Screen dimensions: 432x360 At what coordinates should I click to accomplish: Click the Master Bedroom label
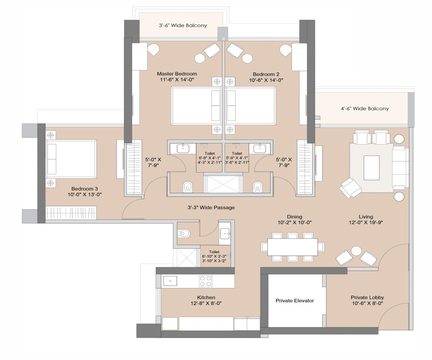tap(177, 74)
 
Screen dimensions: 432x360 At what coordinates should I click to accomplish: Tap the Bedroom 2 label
tap(266, 74)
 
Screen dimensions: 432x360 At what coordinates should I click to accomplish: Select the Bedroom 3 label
tap(84, 189)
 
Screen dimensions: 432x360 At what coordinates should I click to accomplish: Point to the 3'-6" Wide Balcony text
tap(183, 25)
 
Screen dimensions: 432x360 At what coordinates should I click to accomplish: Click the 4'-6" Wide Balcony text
tap(365, 109)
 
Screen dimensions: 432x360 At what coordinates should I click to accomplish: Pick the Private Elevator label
tap(295, 301)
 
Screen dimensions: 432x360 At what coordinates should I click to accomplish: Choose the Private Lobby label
tap(367, 297)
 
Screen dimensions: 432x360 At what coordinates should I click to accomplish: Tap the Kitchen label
tap(206, 297)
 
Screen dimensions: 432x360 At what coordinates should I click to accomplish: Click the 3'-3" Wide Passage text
tap(211, 207)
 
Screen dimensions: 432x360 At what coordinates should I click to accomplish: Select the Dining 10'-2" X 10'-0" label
tap(295, 220)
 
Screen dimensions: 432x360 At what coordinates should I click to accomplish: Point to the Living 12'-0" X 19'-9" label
tap(366, 220)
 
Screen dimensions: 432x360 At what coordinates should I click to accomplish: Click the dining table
tap(292, 247)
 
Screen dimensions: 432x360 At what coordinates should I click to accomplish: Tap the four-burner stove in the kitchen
tap(206, 282)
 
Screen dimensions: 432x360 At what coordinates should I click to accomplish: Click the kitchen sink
tap(170, 281)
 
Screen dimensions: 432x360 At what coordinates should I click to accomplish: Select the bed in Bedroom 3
tap(71, 159)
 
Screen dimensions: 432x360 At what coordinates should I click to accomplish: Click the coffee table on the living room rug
tap(372, 168)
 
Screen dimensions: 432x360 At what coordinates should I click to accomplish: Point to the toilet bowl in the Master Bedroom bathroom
tap(188, 187)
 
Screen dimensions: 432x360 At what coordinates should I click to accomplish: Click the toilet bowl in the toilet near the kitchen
tap(184, 234)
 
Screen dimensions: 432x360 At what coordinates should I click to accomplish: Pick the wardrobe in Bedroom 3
tap(71, 213)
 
